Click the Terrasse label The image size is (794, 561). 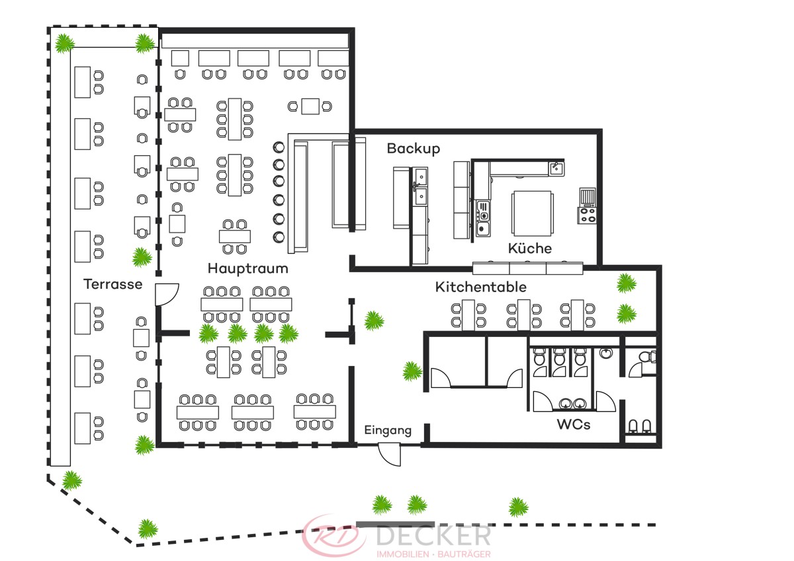click(113, 285)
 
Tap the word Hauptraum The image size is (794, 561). click(247, 268)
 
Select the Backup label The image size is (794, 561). click(413, 149)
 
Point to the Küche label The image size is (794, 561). click(529, 249)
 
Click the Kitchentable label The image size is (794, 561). click(480, 287)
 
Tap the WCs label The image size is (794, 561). click(573, 425)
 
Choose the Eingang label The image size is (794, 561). click(388, 431)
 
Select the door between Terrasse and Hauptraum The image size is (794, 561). click(167, 294)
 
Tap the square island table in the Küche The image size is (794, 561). click(532, 212)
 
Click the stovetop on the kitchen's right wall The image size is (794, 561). click(587, 215)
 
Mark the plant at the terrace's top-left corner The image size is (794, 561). click(64, 44)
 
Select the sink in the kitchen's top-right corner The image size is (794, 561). click(556, 168)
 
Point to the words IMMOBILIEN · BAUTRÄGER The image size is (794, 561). click(433, 552)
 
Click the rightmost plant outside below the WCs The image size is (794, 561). click(519, 507)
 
